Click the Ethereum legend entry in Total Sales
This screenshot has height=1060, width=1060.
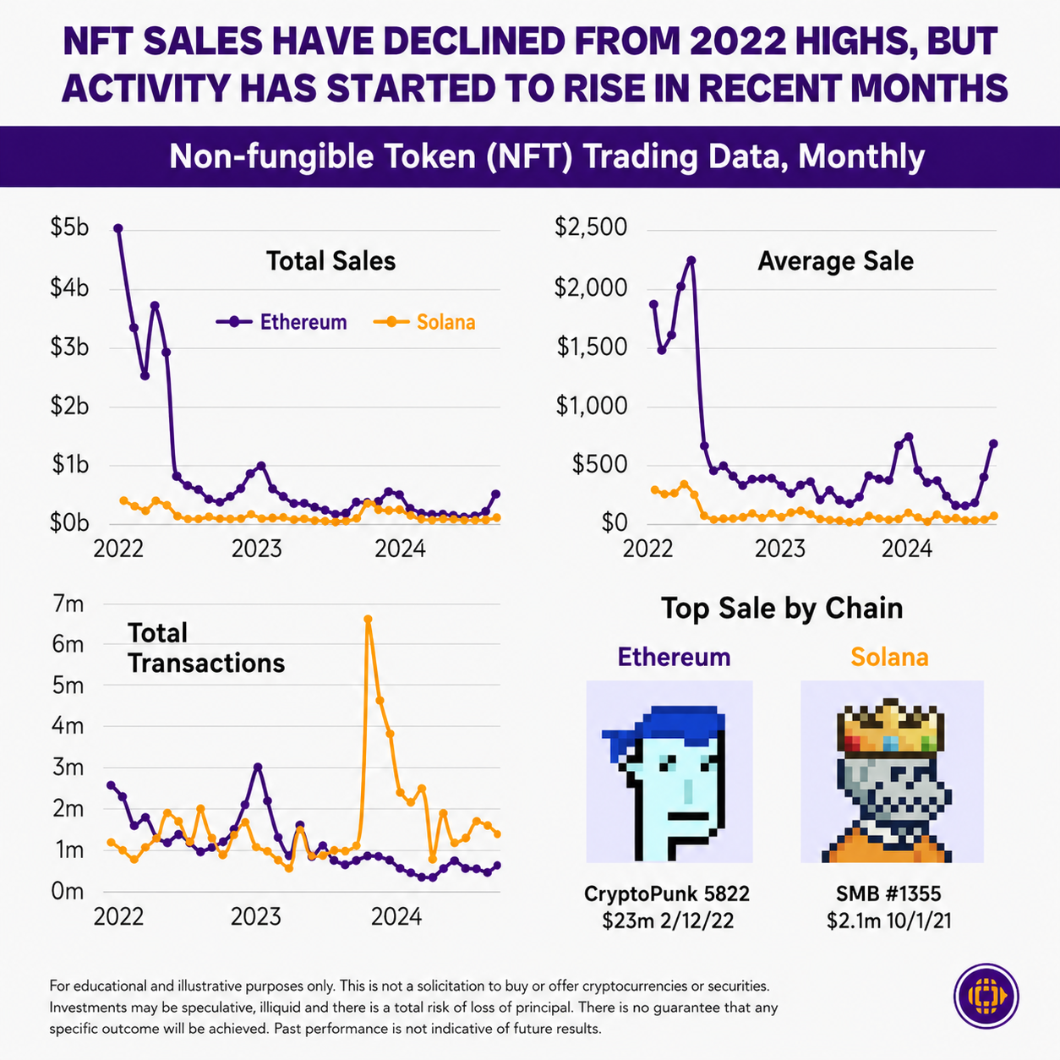coord(282,322)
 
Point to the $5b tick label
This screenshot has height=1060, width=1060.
coord(69,227)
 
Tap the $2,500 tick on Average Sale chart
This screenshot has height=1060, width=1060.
coord(590,227)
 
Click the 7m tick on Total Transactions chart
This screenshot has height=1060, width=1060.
coord(68,604)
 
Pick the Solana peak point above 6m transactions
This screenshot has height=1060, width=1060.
coord(368,620)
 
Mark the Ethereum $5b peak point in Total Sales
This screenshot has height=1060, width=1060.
coord(118,228)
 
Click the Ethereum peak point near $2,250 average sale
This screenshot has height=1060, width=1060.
coord(691,260)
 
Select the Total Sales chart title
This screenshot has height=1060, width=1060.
coord(331,261)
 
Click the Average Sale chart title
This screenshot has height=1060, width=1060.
coord(835,261)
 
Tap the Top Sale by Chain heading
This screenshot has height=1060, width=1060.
coord(782,609)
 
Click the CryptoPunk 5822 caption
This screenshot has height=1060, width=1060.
coord(667,893)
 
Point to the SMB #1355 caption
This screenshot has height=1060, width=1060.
coord(889,893)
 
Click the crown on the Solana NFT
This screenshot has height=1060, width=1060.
coord(890,728)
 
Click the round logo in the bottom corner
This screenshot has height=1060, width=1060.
coord(986,996)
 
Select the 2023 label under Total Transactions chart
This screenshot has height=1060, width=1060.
coord(255,917)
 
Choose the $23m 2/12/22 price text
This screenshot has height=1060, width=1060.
coord(668,921)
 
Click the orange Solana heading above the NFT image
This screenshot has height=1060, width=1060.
coord(889,658)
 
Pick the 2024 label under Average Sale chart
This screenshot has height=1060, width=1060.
coord(906,549)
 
